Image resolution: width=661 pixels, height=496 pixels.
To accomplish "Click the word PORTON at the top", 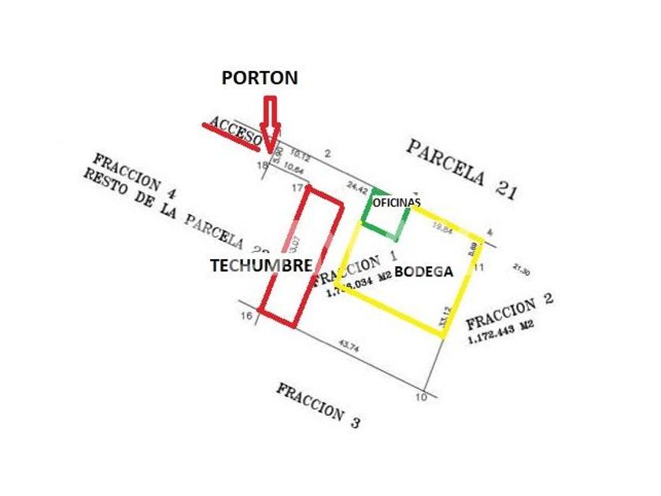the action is (259, 78).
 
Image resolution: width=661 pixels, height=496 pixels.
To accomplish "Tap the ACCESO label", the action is (234, 131).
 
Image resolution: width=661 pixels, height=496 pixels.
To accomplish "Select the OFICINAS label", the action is (397, 203).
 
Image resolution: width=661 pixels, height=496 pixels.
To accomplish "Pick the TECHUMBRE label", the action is (260, 266).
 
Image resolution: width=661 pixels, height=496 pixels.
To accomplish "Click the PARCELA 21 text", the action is (461, 168).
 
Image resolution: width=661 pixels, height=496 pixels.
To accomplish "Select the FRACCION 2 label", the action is (510, 313).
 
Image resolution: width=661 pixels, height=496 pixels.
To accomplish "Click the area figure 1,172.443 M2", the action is (500, 331).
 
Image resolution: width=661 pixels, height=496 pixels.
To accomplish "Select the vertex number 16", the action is (246, 316).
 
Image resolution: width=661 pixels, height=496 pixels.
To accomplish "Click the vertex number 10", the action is (423, 397).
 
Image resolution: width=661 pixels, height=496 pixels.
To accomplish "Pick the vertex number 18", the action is (263, 165).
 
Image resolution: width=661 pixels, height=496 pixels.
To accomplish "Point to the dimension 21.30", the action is (521, 269).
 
